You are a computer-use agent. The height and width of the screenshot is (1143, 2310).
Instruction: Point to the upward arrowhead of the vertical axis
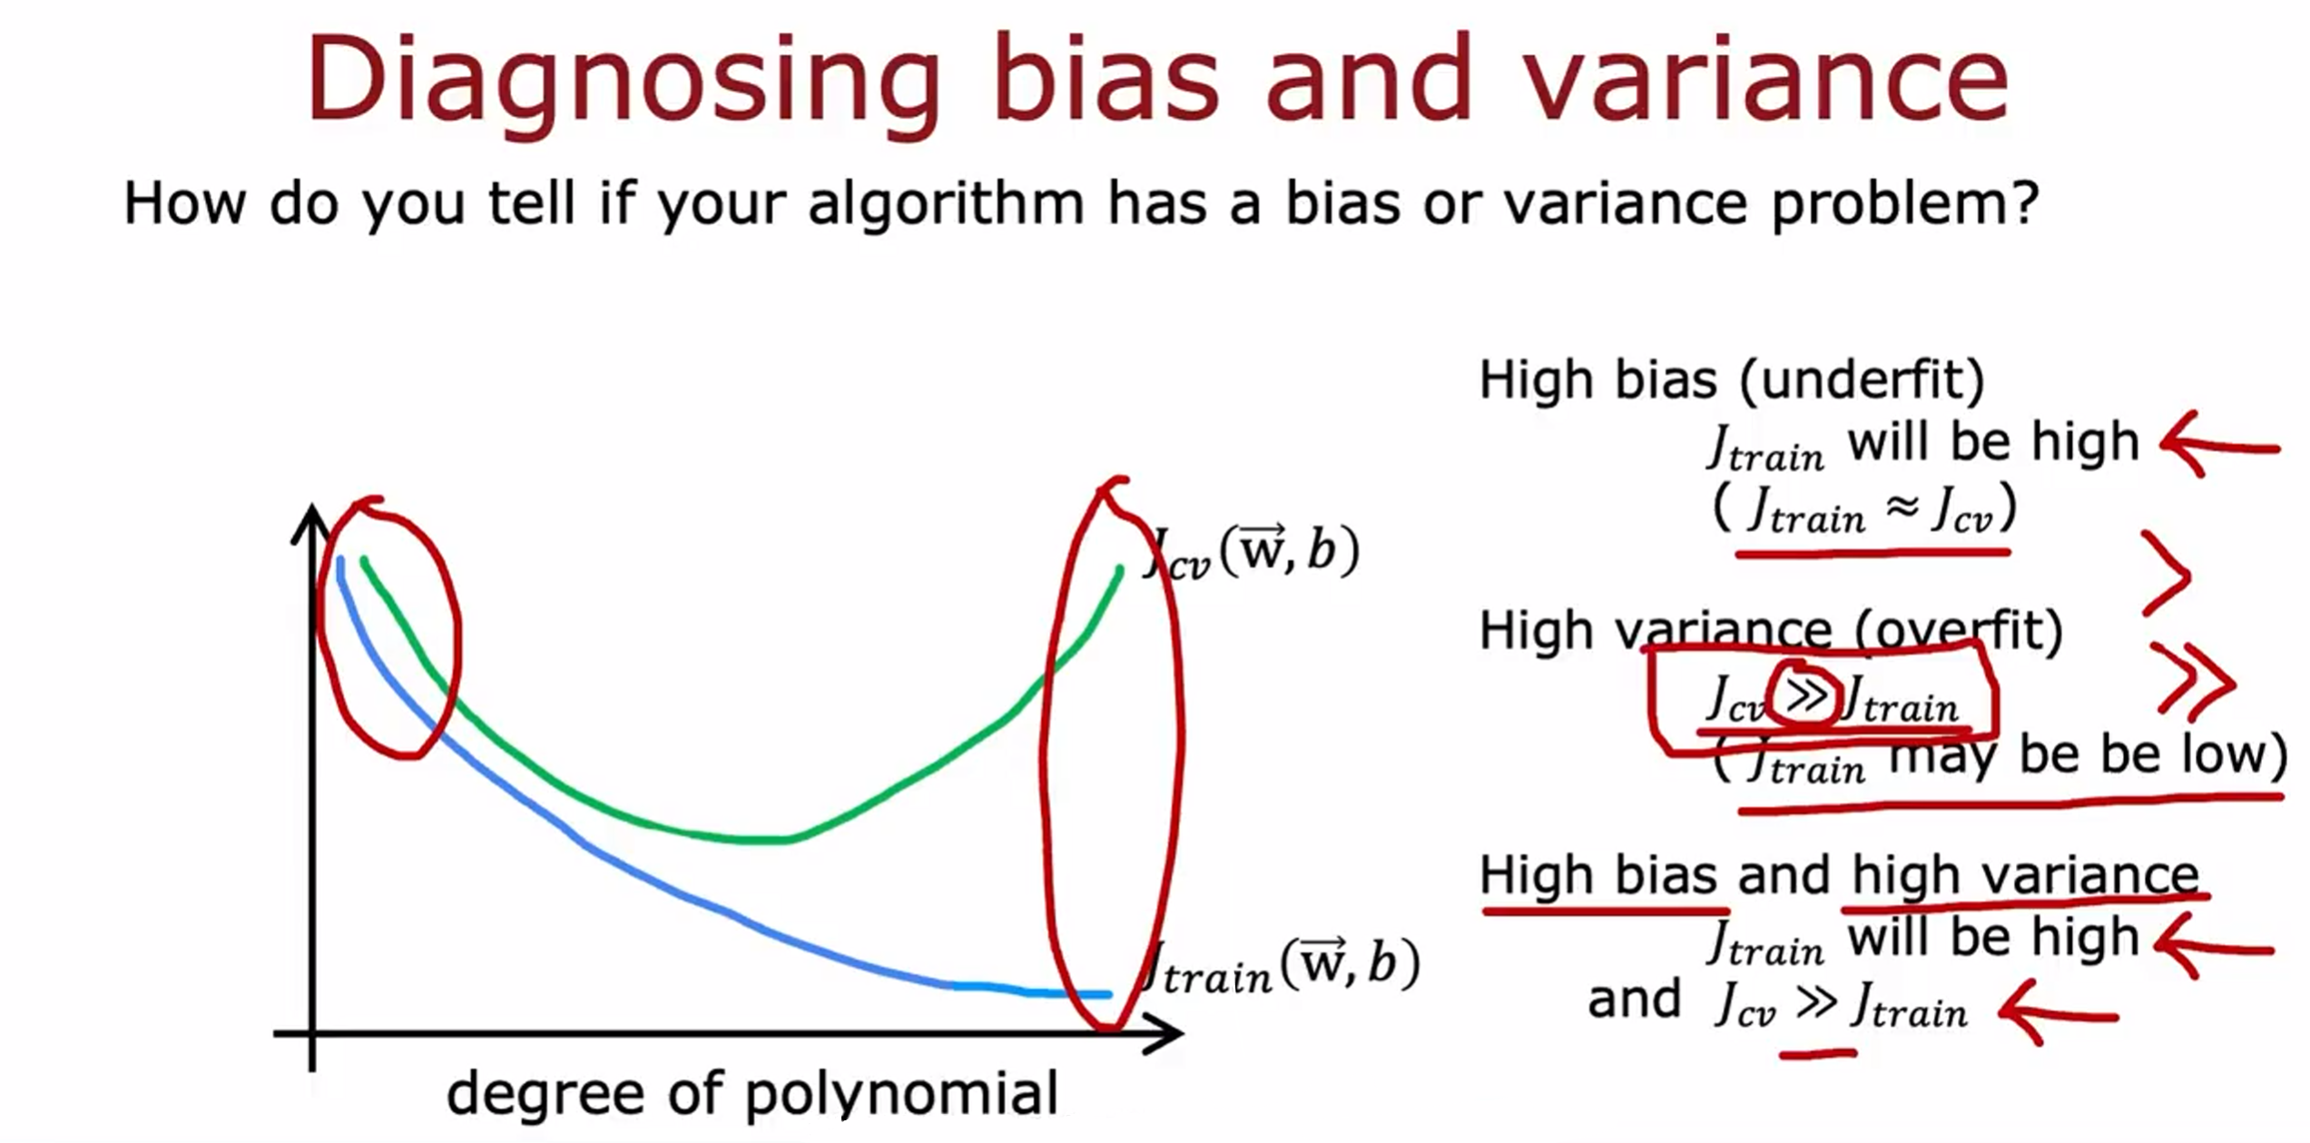coord(311,523)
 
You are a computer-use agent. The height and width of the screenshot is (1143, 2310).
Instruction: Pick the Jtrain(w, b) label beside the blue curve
coord(1280,966)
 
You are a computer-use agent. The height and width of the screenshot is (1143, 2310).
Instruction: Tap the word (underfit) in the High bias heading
coord(1862,380)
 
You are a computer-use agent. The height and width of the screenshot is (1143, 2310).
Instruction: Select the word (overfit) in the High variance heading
coord(1959,630)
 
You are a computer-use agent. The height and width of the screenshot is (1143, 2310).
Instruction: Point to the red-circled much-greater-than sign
coord(1805,696)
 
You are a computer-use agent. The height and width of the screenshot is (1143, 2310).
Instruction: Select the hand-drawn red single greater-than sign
coord(2167,574)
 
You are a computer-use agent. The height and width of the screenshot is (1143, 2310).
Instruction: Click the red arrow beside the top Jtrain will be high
coord(2218,445)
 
